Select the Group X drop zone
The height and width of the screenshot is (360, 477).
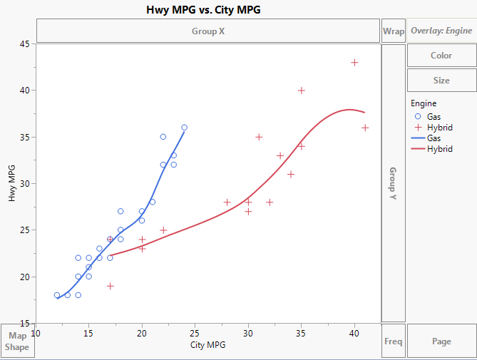207,31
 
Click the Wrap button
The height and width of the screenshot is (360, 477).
394,31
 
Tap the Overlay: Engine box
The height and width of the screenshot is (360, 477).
441,31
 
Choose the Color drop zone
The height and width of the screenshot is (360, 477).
441,56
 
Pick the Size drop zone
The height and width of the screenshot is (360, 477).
441,81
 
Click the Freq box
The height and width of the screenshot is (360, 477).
394,341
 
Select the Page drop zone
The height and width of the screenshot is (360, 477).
441,341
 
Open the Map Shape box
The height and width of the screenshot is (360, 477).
17,341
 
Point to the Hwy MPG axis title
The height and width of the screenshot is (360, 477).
12,183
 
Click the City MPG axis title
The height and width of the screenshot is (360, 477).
207,346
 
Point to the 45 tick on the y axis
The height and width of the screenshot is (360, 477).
25,44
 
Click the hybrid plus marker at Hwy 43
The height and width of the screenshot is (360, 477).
354,63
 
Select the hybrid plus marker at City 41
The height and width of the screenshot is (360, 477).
365,128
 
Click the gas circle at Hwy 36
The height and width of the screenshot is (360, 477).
184,128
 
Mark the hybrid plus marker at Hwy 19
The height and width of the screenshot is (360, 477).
111,286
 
